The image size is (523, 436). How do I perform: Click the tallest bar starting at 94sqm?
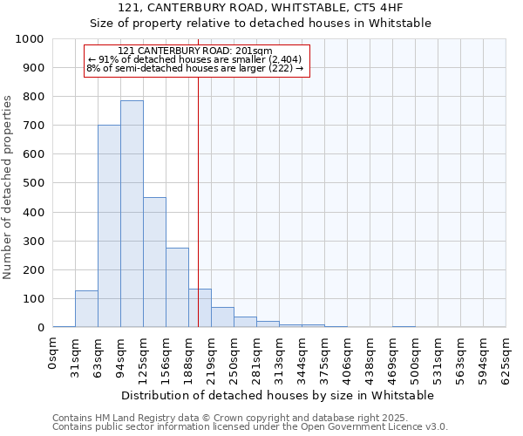[132, 214]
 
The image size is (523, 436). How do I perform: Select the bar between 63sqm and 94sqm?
[109, 226]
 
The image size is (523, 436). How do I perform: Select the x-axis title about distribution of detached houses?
[279, 395]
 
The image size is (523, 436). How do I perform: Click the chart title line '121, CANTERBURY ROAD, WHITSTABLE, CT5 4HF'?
[261, 9]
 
